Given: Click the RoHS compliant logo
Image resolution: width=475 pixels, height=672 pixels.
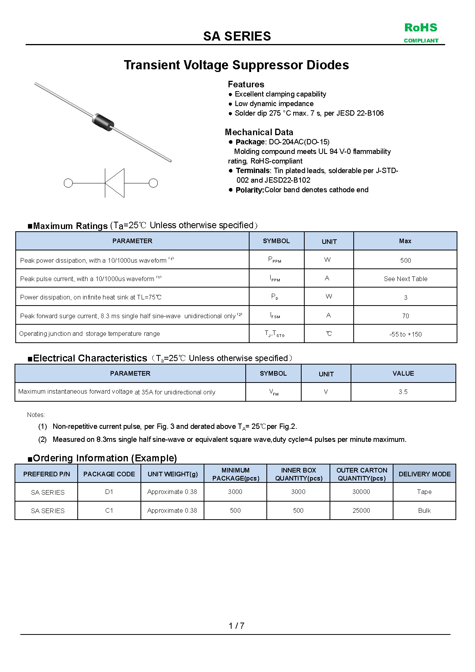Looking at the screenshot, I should coord(421,33).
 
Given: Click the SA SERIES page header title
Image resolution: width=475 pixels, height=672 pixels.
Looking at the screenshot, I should coord(237,36).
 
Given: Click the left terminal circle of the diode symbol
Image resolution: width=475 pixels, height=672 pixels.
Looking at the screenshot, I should coord(68,183).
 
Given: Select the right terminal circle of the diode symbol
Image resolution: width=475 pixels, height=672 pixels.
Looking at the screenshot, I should coord(153,183).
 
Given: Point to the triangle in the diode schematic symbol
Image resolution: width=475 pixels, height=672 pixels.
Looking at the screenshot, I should coord(115,183).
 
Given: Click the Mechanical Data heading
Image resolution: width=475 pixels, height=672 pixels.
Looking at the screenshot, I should coord(259,132).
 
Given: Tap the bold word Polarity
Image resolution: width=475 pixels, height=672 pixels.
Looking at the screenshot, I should coord(250,190).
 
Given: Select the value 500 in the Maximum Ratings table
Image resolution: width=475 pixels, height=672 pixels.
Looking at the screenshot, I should coord(405,260).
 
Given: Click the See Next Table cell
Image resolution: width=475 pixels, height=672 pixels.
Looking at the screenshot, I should coord(405,279).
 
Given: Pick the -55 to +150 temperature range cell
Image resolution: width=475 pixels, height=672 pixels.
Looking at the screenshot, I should coord(405,334).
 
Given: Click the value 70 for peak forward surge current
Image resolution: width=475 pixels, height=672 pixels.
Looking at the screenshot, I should coord(405,316).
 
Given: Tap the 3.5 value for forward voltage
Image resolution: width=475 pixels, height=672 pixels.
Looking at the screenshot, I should coord(403,392).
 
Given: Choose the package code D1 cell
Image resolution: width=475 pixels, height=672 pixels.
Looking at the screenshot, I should coord(109,492).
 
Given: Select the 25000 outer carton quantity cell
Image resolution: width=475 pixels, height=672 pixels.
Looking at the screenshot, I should coord(361,510).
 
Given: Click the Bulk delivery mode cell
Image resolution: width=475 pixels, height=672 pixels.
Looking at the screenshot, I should coord(424,510).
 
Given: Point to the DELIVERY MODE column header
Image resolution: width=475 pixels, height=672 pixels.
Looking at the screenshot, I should coord(424,474).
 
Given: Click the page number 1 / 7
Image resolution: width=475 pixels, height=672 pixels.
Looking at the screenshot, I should coord(237,626).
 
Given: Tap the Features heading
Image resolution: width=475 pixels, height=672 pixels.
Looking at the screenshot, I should coord(246,84).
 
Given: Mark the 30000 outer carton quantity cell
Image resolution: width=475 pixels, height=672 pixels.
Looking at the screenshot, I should coord(361,492).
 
